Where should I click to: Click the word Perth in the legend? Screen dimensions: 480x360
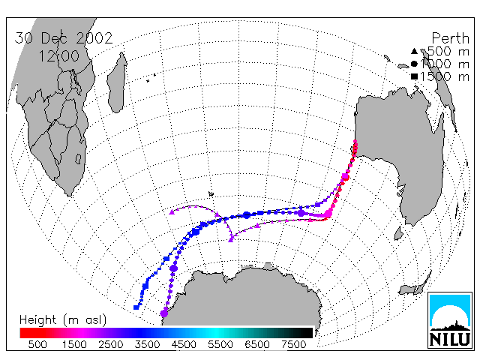point(450,38)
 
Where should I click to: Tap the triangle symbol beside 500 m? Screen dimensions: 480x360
point(414,51)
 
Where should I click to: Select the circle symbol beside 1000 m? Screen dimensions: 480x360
point(414,64)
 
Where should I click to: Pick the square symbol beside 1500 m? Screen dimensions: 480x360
point(414,76)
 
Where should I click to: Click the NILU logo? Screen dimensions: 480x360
point(450,320)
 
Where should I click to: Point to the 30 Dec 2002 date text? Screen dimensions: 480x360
point(64,38)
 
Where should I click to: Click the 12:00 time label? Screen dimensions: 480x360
point(58,56)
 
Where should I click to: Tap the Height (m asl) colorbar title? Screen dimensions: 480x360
point(63,320)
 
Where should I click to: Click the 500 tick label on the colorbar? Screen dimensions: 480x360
point(37,345)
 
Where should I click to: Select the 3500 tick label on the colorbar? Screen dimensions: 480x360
point(147,345)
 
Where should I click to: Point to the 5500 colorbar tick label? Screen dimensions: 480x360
point(220,345)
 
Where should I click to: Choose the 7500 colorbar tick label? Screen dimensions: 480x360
point(293,345)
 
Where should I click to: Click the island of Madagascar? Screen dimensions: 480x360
point(117,83)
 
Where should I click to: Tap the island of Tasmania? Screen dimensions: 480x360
point(398,233)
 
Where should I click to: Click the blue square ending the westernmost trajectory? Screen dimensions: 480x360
point(136,307)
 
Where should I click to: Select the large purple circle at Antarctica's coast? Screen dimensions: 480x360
point(164,313)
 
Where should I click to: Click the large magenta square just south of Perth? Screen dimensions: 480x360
point(346,176)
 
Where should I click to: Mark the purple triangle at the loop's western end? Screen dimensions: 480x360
point(172,211)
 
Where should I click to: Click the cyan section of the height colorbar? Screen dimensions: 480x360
point(216,333)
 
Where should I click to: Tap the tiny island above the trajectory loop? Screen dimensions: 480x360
point(211,193)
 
